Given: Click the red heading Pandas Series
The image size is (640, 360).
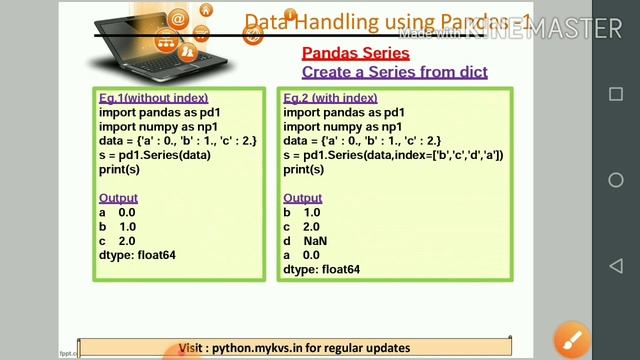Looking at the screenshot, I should [x=355, y=53].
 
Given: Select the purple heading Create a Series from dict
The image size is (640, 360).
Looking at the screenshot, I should [x=394, y=72].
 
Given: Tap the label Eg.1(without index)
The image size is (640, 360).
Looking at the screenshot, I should [x=153, y=99].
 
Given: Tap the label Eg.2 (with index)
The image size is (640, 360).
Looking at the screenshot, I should [x=330, y=99].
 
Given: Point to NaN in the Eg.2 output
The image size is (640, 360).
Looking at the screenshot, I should [x=315, y=241].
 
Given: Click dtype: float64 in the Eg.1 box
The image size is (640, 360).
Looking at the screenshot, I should [x=137, y=255].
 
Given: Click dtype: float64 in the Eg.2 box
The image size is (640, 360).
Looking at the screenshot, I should [x=321, y=269].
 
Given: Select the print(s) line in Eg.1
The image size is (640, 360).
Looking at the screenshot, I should [x=119, y=169].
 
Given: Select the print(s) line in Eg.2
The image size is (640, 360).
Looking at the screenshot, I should [x=303, y=169].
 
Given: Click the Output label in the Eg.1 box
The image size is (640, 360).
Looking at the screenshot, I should [x=118, y=198].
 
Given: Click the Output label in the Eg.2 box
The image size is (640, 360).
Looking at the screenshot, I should [x=302, y=198].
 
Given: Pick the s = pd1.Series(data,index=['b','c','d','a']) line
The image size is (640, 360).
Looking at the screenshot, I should [x=393, y=155].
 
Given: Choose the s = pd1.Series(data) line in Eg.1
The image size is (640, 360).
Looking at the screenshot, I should [x=154, y=155].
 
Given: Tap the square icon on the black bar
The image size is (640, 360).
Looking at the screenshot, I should [x=616, y=94].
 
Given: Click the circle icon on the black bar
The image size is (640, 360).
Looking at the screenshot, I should [x=616, y=180].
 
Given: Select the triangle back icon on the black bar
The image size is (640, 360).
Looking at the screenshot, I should [x=616, y=266].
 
